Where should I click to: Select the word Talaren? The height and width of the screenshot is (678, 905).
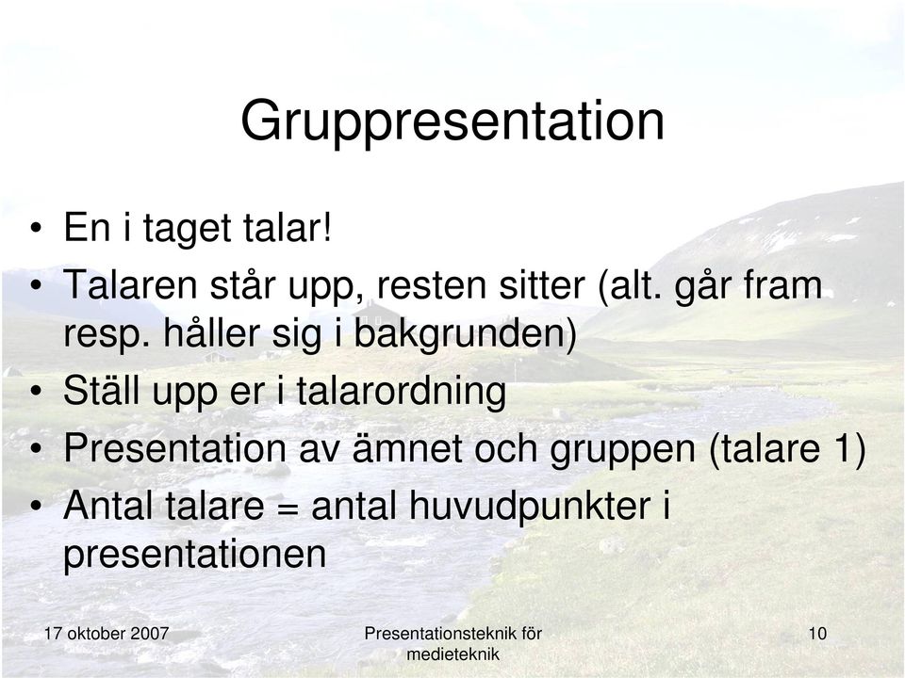[130, 284]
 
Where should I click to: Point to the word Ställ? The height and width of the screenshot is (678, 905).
[102, 390]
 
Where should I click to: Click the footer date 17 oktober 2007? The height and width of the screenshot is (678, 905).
[107, 634]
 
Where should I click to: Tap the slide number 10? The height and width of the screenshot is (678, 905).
[818, 634]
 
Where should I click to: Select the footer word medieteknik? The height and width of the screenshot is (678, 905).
[453, 654]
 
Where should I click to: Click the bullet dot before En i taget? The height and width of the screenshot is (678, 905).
[37, 229]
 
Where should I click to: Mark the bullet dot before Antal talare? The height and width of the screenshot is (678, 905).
[37, 507]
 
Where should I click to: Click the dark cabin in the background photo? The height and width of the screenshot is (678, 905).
[379, 315]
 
